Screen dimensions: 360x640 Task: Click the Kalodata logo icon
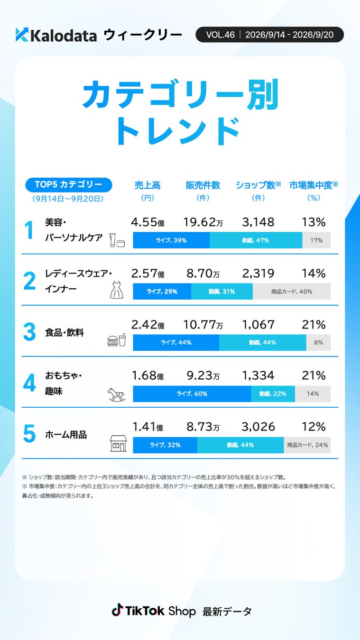22,35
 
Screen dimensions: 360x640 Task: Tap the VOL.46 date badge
269,35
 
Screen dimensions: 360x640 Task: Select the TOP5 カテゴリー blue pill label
69,184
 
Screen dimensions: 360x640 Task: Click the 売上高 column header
148,185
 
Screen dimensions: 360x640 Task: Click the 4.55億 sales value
148,222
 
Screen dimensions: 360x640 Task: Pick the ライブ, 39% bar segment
171,240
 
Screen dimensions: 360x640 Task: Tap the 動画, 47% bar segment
256,240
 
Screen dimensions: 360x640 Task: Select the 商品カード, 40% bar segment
292,292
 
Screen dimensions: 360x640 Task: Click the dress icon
117,290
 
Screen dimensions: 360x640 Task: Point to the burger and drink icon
117,340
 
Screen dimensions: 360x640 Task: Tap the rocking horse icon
117,394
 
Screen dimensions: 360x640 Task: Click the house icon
119,443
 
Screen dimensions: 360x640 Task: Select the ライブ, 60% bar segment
192,393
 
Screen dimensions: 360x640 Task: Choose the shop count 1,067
258,325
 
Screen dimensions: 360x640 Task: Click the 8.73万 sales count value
203,427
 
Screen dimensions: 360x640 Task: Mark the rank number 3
29,332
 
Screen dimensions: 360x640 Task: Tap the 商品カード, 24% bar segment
307,445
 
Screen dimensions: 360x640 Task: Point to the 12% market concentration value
314,427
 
